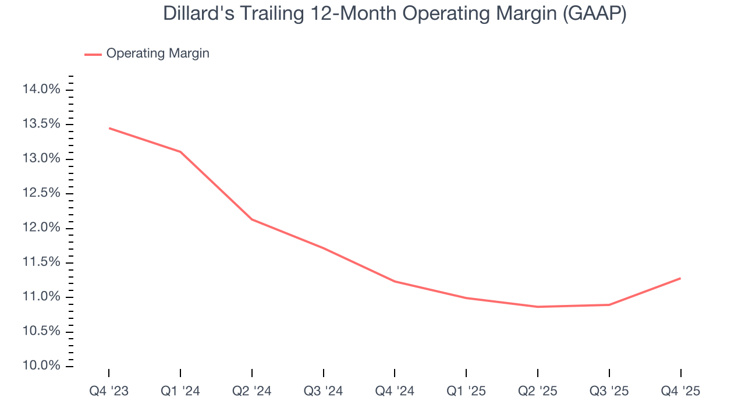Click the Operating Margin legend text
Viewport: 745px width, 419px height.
(158, 54)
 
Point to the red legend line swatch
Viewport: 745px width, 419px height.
(93, 54)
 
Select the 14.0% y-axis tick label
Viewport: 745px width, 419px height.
(41, 90)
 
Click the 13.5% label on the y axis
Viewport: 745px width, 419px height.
(41, 124)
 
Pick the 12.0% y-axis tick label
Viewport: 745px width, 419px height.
(41, 228)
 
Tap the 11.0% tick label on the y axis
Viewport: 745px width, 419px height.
(41, 297)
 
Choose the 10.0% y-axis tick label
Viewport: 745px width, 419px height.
(41, 366)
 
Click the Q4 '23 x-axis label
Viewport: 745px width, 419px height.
(109, 392)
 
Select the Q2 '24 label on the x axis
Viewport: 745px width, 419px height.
(252, 392)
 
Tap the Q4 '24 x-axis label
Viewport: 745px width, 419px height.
(395, 392)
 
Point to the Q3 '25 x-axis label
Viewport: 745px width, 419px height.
(609, 392)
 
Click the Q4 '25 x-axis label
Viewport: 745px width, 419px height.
(680, 392)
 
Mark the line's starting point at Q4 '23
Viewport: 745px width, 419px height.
(109, 128)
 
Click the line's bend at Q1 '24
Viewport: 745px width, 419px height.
(180, 152)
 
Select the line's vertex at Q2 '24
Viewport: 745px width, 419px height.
(252, 219)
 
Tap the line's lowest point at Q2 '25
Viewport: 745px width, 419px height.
(538, 307)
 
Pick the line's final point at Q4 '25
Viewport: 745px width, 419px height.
(680, 278)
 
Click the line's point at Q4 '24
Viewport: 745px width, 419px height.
(395, 281)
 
